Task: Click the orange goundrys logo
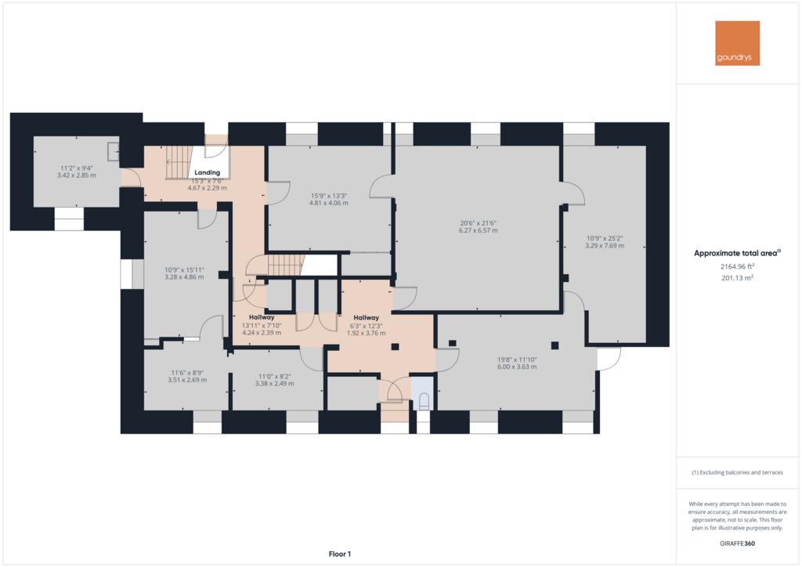(x=737, y=43)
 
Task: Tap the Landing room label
(x=207, y=173)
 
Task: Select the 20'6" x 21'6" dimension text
(x=479, y=223)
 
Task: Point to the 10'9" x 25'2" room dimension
(x=605, y=238)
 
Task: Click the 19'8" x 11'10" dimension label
(x=517, y=359)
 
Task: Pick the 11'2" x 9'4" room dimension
(x=77, y=168)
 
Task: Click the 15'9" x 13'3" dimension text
(x=329, y=196)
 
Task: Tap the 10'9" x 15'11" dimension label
(x=184, y=270)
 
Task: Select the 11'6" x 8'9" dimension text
(x=187, y=374)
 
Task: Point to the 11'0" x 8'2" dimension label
(x=275, y=376)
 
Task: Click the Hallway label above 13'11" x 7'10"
(x=262, y=317)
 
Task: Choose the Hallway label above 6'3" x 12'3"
(x=367, y=318)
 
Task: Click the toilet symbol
(x=424, y=401)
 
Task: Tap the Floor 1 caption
(x=340, y=554)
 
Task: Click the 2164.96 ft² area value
(x=738, y=266)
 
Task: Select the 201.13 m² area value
(x=738, y=278)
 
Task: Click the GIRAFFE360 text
(x=737, y=544)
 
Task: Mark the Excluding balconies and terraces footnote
(x=737, y=472)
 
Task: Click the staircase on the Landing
(x=179, y=162)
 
